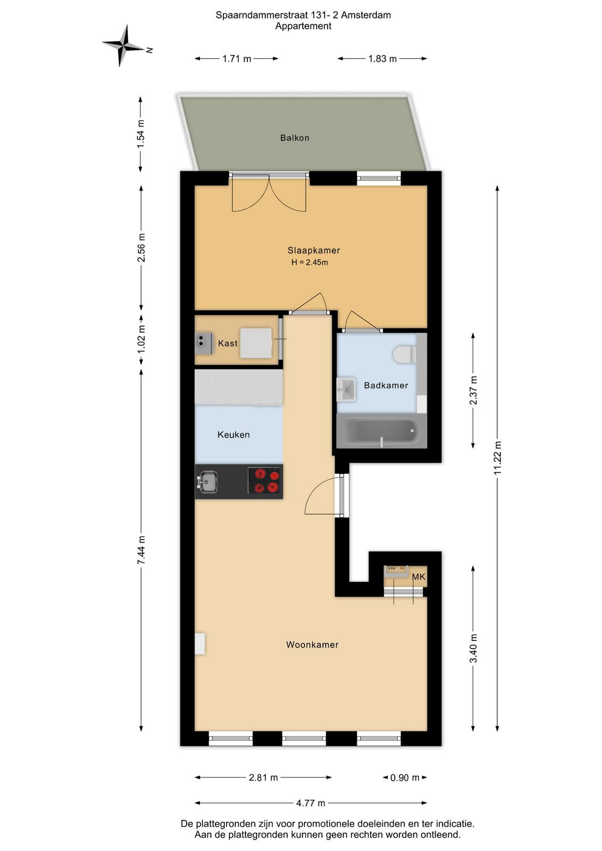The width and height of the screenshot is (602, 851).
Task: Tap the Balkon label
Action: coord(295,138)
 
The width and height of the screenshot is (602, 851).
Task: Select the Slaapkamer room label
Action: coord(314,251)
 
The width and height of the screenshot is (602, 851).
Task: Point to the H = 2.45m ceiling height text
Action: coord(310,263)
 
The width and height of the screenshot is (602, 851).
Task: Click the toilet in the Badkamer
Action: coord(405,354)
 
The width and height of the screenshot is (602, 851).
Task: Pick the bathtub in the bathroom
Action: coord(382,431)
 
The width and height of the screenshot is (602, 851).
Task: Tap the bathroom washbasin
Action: coord(346,389)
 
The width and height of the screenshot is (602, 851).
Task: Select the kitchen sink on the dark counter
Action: coord(207,482)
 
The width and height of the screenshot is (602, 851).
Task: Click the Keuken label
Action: coord(233,435)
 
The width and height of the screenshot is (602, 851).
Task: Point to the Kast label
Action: coord(228,344)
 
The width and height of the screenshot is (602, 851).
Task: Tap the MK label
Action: coord(419,577)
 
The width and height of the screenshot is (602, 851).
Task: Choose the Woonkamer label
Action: coord(312,645)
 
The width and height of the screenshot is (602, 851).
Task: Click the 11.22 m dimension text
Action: coord(498,457)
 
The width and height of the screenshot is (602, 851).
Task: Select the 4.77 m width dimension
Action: coord(311,803)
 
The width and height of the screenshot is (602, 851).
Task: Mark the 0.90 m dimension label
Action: coord(405,778)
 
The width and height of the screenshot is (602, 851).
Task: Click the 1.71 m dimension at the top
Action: coord(237,59)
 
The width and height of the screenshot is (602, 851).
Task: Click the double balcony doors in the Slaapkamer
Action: coord(269,192)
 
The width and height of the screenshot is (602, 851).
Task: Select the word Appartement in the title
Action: coord(303,26)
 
